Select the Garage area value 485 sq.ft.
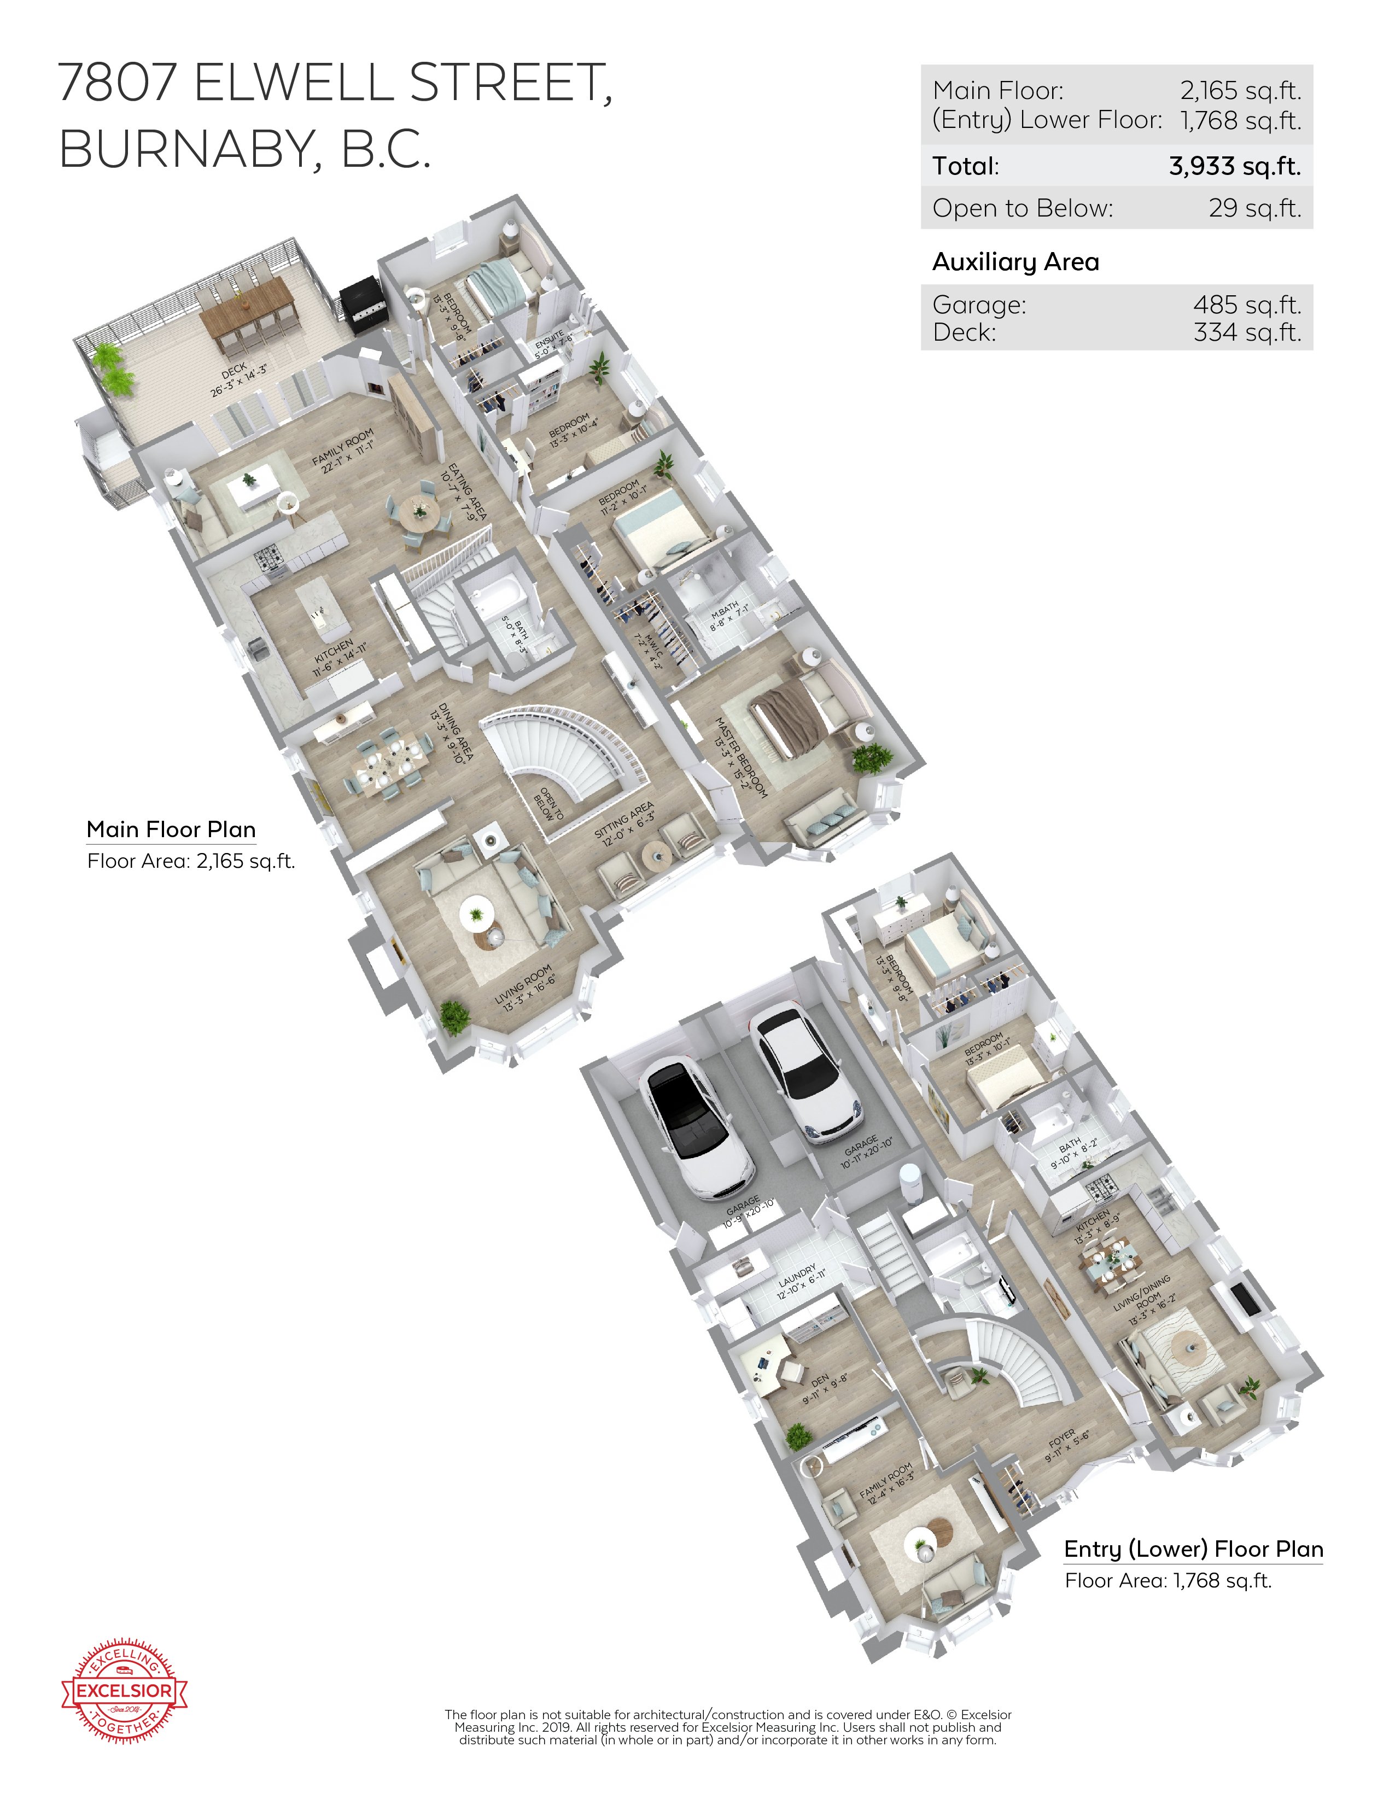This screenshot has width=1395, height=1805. click(1246, 305)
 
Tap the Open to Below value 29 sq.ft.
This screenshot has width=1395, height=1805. click(1254, 208)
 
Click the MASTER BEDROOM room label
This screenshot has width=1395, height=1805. click(740, 757)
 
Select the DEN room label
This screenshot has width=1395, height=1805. click(823, 1388)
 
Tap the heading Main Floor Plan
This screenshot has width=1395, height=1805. click(171, 829)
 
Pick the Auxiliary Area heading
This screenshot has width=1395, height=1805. click(1015, 262)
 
